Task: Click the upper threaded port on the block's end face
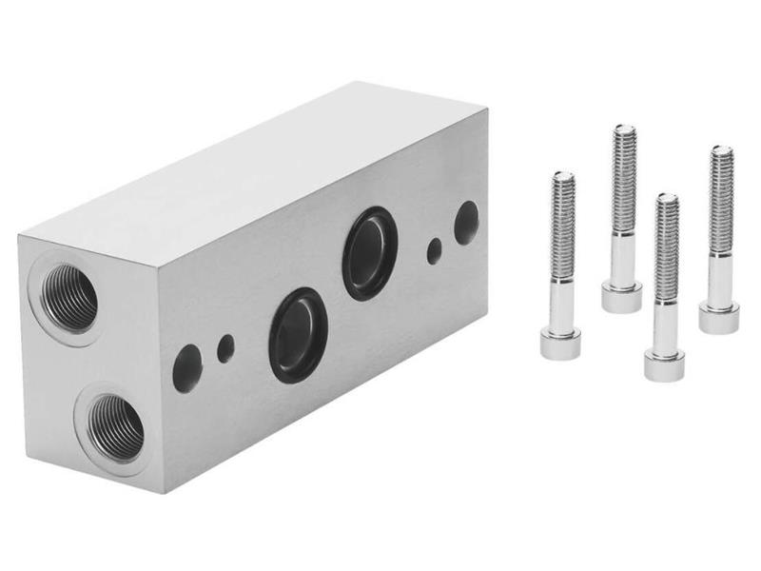click(x=69, y=297)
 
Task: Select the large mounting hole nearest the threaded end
click(x=186, y=368)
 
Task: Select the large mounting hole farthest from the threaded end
click(x=466, y=223)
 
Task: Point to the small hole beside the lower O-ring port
click(x=225, y=348)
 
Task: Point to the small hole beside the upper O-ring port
click(x=434, y=251)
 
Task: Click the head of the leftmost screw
click(x=560, y=343)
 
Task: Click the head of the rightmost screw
click(x=718, y=317)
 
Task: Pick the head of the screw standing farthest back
click(x=621, y=296)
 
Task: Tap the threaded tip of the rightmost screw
click(x=722, y=151)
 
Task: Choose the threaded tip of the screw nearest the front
click(x=668, y=201)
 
